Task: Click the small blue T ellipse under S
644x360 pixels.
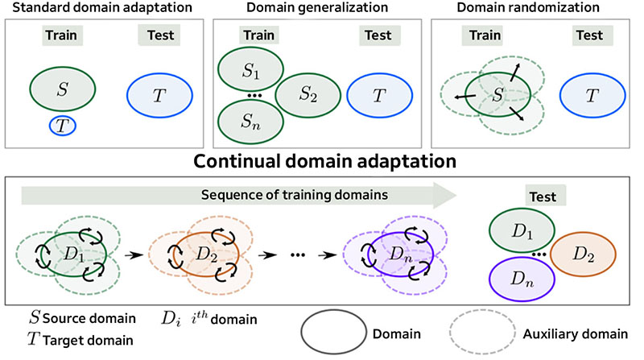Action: point(63,126)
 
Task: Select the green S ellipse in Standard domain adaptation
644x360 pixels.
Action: point(63,85)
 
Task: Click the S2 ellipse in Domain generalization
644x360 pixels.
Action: point(308,95)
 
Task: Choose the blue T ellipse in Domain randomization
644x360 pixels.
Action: point(592,95)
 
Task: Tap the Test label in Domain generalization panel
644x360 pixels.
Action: point(378,35)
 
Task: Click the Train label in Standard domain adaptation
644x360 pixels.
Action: point(63,35)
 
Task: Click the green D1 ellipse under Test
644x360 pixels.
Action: point(520,230)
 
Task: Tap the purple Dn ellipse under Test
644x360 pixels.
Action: point(520,280)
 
